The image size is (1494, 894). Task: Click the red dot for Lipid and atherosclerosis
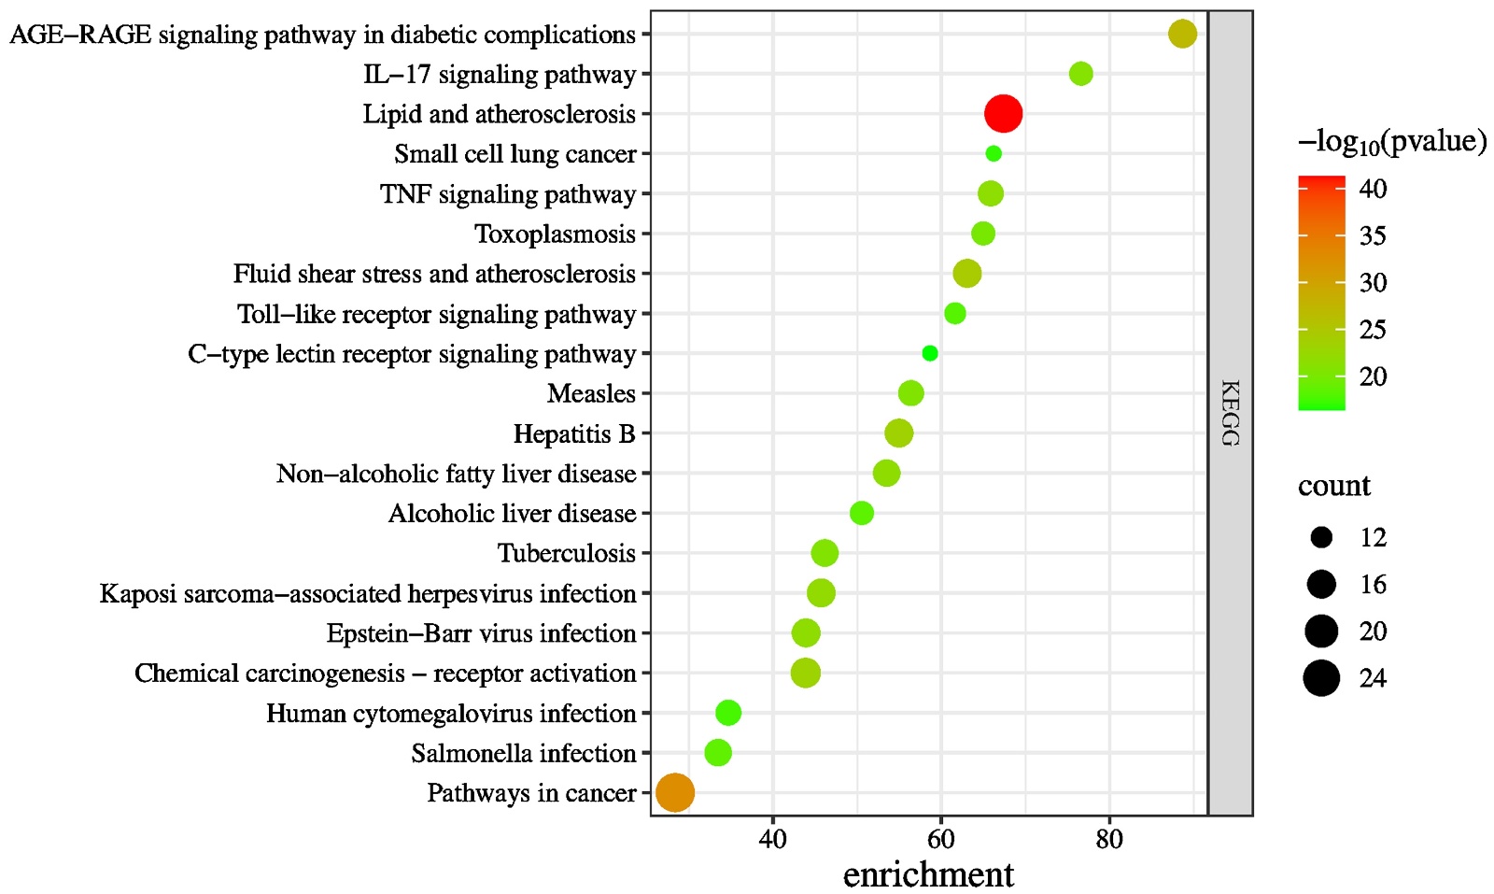coord(1003,114)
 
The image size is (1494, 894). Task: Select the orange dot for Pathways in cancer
coord(675,793)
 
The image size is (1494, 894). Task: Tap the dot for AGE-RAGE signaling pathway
coord(1182,34)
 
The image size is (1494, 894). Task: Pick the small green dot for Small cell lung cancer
coord(994,153)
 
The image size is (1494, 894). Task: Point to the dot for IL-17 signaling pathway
coord(1080,74)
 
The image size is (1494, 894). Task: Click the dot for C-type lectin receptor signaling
coord(929,353)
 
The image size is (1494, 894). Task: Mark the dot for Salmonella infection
coord(717,753)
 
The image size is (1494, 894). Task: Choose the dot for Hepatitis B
coord(898,433)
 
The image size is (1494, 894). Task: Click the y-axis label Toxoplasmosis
coord(555,234)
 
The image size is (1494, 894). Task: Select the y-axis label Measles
coord(591,393)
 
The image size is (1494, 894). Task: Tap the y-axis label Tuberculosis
coord(566,553)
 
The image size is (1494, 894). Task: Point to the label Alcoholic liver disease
coord(512,514)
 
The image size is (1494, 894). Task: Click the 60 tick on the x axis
coord(940,839)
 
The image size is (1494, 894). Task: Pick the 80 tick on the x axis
coord(1108,839)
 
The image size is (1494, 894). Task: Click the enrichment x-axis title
coord(927,874)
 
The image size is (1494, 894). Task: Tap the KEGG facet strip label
coord(1230,413)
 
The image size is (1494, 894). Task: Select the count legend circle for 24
coord(1321,678)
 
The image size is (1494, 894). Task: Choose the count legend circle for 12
coord(1321,537)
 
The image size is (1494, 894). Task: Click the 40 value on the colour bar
coord(1373,189)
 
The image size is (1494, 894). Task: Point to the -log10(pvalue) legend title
coord(1391,142)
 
